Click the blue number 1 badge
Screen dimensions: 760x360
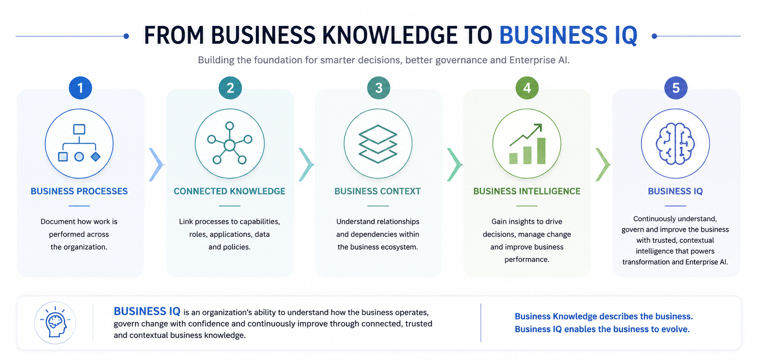click(80, 88)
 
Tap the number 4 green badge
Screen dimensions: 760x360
click(527, 88)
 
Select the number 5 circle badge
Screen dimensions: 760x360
click(676, 88)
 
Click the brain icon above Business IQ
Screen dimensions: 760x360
click(675, 143)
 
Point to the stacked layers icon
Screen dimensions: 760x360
click(378, 144)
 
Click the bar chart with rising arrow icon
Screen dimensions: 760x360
click(527, 144)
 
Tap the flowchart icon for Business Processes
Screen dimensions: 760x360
click(79, 143)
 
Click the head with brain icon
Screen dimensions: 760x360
click(55, 322)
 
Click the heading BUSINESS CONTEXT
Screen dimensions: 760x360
click(378, 191)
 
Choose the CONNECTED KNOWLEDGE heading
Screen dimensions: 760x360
click(229, 191)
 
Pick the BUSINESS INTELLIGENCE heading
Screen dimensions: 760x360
click(527, 191)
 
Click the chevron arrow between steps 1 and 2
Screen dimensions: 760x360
click(156, 165)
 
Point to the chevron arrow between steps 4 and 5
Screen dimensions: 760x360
click(603, 165)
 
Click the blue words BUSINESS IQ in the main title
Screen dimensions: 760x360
click(568, 35)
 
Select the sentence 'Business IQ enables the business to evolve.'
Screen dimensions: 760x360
click(602, 329)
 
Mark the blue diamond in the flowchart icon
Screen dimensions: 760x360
click(95, 157)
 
